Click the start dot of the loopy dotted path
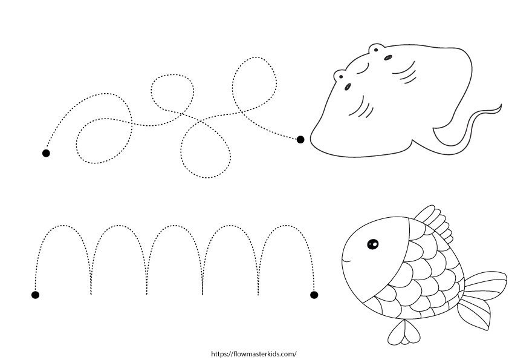coord(46,153)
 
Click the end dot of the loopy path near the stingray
coord(300,139)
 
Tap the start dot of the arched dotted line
coord(36,295)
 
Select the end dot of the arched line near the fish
coord(314,295)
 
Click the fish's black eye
coord(372,244)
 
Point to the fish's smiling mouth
coord(347,260)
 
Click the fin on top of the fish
coord(434,223)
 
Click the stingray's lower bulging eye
coord(340,76)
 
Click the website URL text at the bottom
coord(253,354)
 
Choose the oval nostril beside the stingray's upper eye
coord(388,57)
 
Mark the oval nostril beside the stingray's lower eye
coord(348,87)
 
